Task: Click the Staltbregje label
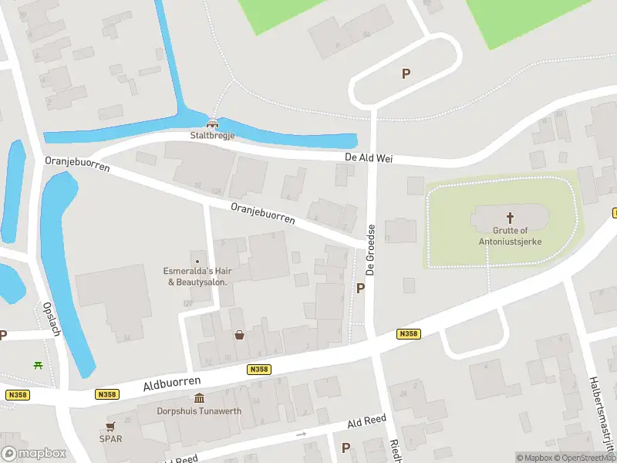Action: point(212,136)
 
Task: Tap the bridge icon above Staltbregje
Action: point(212,123)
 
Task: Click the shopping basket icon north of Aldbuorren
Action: point(240,335)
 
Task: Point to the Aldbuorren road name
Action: point(172,384)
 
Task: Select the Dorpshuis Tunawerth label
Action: point(200,411)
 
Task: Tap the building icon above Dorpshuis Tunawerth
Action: point(200,399)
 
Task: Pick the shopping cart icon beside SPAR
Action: point(110,426)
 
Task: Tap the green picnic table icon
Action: point(36,364)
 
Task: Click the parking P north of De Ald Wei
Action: point(406,74)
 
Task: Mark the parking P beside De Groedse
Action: point(359,288)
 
